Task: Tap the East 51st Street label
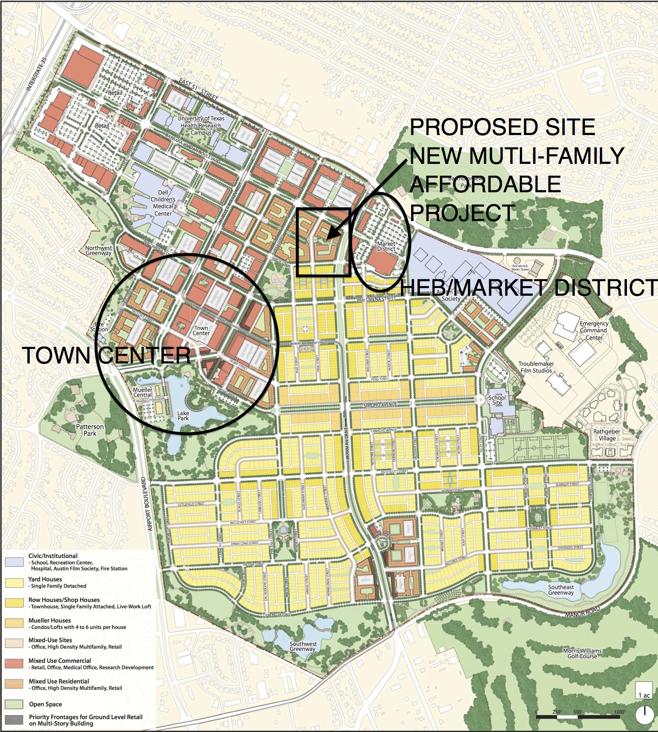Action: click(x=198, y=89)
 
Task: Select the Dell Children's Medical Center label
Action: click(x=163, y=203)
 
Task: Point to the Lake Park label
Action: click(x=183, y=416)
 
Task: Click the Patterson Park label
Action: click(x=90, y=430)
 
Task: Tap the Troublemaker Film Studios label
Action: click(x=536, y=367)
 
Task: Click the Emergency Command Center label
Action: click(x=594, y=331)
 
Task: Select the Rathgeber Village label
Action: click(x=607, y=435)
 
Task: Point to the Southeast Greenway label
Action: click(x=561, y=590)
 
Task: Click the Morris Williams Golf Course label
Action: click(x=582, y=653)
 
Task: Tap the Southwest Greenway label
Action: click(x=303, y=646)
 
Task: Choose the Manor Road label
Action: click(x=582, y=612)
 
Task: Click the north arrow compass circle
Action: click(x=645, y=715)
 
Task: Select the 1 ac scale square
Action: click(x=644, y=690)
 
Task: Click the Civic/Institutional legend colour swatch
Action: click(x=14, y=562)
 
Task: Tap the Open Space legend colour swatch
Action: click(x=14, y=704)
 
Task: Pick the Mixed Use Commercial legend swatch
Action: click(x=14, y=663)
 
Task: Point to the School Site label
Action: click(x=497, y=400)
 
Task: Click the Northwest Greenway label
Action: click(x=98, y=250)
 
